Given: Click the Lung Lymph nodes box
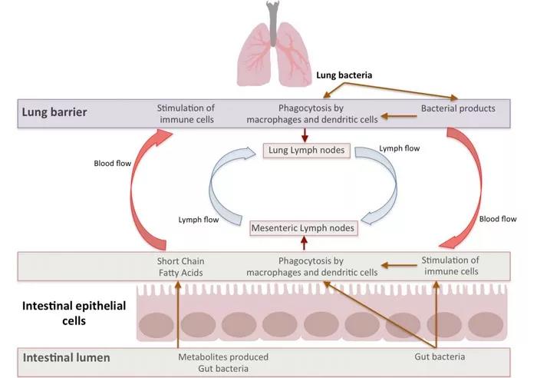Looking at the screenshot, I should [x=306, y=151].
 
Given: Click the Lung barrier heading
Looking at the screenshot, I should [x=54, y=112].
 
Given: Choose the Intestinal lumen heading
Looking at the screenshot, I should [x=68, y=357].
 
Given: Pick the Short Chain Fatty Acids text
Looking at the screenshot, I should [x=182, y=266].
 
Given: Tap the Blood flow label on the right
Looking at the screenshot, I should [x=498, y=219].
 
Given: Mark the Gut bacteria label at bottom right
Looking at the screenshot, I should [x=434, y=357].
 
